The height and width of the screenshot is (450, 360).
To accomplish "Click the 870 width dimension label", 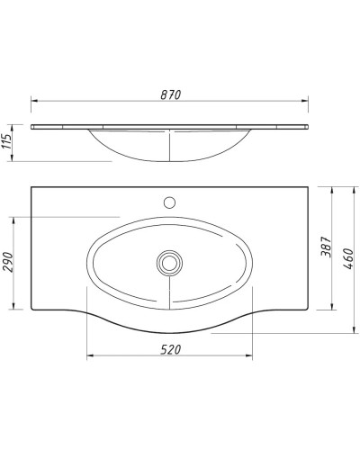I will click(x=171, y=94).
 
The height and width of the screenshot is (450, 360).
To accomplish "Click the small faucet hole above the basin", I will click(x=168, y=201).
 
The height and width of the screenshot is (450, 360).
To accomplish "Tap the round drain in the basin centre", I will click(x=168, y=263).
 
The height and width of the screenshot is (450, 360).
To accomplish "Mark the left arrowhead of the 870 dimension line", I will click(x=33, y=101).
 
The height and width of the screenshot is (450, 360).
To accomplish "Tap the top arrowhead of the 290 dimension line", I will click(x=15, y=219).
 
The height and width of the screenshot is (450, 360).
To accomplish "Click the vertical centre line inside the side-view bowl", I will click(x=168, y=144).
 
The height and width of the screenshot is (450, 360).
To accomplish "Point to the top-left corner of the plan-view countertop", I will click(x=31, y=186).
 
